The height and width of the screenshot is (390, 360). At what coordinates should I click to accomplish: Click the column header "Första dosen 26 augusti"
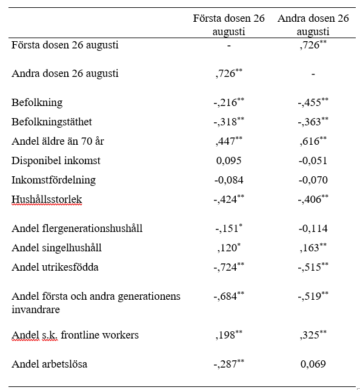228,25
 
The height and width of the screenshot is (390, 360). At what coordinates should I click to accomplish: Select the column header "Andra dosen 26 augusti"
313,25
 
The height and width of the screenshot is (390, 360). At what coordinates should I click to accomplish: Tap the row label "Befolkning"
37,102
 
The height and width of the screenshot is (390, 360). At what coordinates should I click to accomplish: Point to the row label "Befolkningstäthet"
52,122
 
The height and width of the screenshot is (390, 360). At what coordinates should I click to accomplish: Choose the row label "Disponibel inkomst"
56,160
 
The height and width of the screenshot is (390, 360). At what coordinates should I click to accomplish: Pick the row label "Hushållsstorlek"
47,199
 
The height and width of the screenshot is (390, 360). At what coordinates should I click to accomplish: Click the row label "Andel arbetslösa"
50,364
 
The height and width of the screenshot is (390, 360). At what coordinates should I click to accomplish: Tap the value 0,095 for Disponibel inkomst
228,160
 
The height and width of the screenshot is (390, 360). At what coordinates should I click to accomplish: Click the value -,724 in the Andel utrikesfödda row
227,267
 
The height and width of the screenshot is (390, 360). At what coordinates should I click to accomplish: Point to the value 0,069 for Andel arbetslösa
313,364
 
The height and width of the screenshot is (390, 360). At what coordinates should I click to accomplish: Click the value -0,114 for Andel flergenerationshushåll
313,228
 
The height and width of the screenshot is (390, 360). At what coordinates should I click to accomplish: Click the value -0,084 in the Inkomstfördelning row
228,180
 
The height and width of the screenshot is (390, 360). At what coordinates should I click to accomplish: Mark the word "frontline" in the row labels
79,335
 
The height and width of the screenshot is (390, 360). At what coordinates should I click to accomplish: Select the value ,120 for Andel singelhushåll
227,248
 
